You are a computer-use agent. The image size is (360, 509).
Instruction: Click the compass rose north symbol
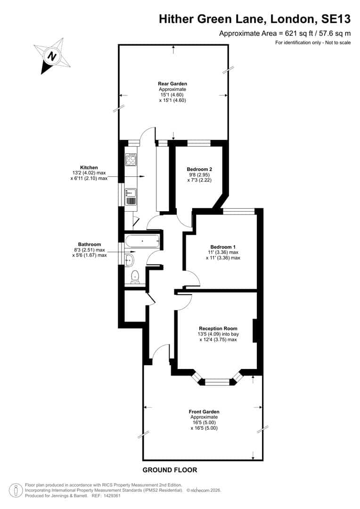(52, 56)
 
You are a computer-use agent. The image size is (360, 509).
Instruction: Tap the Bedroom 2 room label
(199, 169)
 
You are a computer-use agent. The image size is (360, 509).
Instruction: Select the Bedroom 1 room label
(223, 246)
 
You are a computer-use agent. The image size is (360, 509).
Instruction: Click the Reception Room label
(218, 328)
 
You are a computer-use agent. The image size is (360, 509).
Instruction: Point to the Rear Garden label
(172, 83)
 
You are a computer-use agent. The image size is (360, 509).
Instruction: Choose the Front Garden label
(204, 411)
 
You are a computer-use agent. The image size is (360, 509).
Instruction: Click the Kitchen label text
(89, 167)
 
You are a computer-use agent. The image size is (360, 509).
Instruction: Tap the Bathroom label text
(89, 244)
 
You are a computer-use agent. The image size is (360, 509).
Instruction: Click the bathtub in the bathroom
(142, 241)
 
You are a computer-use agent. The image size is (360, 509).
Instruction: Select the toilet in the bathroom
(135, 277)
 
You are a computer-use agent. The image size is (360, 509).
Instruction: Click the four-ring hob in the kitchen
(131, 159)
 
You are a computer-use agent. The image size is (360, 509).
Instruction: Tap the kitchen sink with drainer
(131, 197)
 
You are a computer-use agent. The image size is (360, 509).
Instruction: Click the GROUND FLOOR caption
(170, 470)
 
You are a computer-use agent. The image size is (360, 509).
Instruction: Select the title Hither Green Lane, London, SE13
(255, 19)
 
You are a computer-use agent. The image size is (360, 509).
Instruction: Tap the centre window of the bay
(218, 382)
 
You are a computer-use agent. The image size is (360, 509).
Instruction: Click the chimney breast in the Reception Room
(255, 331)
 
